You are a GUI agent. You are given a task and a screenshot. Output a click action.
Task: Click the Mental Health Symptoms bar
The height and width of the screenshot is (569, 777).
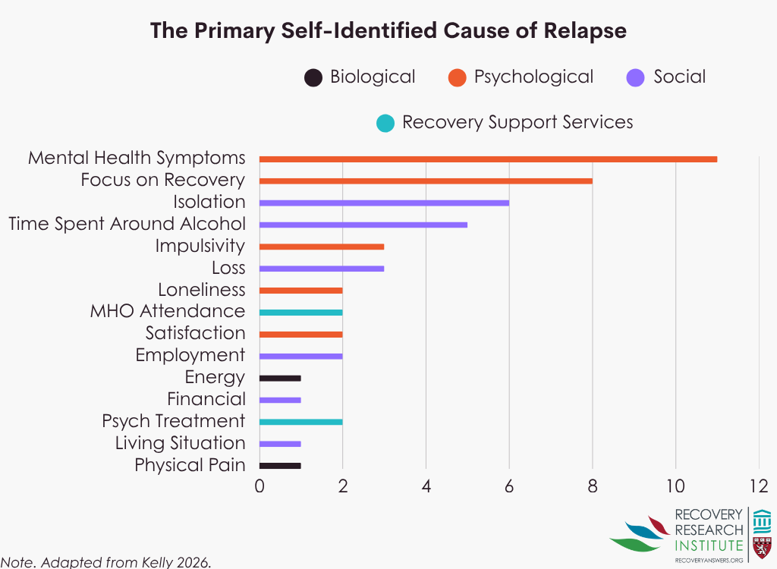pyautogui.click(x=488, y=159)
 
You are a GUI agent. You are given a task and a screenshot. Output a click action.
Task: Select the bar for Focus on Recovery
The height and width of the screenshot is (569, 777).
pyautogui.click(x=426, y=181)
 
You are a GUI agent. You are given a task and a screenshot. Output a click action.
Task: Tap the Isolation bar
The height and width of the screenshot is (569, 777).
pyautogui.click(x=384, y=203)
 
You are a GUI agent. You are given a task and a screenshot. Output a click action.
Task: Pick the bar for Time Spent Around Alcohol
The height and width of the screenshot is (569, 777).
pyautogui.click(x=363, y=225)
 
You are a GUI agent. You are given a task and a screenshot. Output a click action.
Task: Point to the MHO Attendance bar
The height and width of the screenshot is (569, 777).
pyautogui.click(x=301, y=312)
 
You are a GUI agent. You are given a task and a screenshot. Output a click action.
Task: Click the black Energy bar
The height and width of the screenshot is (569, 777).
pyautogui.click(x=280, y=378)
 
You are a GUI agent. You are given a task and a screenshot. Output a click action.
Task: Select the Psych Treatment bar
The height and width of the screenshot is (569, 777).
pyautogui.click(x=301, y=422)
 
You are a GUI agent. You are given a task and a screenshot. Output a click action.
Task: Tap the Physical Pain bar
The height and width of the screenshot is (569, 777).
pyautogui.click(x=280, y=466)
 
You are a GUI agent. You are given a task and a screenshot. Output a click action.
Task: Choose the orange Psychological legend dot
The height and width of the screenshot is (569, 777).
pyautogui.click(x=456, y=77)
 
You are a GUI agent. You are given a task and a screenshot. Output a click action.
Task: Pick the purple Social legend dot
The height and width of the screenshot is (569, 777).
pyautogui.click(x=636, y=77)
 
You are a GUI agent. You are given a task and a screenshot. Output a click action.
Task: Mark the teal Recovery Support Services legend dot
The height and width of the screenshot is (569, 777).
pyautogui.click(x=385, y=123)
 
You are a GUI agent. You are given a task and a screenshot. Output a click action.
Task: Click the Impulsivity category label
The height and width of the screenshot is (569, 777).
pyautogui.click(x=200, y=247)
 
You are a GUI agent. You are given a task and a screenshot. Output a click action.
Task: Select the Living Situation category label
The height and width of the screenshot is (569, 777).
pyautogui.click(x=181, y=443)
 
